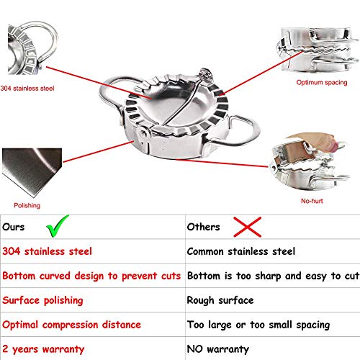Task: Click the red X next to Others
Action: (x=248, y=227)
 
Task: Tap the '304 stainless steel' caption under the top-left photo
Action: (x=27, y=89)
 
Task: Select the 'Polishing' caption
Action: (x=27, y=205)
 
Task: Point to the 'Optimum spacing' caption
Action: (x=322, y=83)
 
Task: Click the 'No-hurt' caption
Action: (x=312, y=201)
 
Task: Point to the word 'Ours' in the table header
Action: (x=14, y=227)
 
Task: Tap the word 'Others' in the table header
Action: (x=204, y=227)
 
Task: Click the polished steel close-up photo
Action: (x=32, y=173)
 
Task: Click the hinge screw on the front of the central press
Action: (x=143, y=132)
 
